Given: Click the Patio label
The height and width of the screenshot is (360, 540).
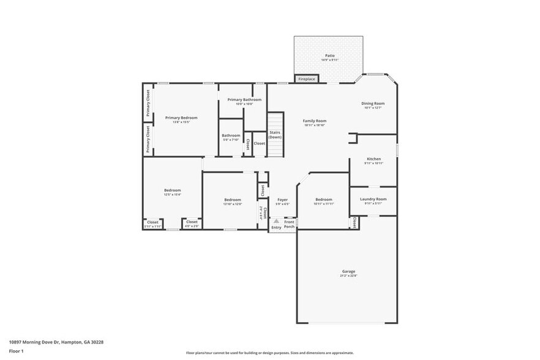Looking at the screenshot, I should click(x=330, y=56).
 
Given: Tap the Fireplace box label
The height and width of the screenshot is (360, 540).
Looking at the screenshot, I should click(x=306, y=79).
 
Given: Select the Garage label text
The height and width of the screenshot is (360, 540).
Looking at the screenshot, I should click(x=348, y=271).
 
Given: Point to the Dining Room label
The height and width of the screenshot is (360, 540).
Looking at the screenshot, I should click(x=373, y=103).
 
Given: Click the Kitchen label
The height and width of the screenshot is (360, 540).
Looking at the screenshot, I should click(x=373, y=159).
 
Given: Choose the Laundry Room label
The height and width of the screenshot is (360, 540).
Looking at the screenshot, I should click(x=373, y=199).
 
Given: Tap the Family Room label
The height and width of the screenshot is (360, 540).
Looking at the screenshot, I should click(x=315, y=121).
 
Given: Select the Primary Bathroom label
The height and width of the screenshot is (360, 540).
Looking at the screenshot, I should click(x=244, y=99).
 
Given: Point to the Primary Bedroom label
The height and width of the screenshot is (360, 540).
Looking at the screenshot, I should click(x=181, y=118).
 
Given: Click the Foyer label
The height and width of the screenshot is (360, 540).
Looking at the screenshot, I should click(x=282, y=200).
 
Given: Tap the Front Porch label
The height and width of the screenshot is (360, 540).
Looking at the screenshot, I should click(x=289, y=224).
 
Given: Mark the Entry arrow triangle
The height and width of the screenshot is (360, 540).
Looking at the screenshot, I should click(x=276, y=221).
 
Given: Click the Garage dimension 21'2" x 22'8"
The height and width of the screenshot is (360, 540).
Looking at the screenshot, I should click(x=348, y=276).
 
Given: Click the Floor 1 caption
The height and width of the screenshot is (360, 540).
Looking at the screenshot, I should click(x=16, y=351).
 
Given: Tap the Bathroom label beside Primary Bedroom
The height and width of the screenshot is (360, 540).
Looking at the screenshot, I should click(x=231, y=135).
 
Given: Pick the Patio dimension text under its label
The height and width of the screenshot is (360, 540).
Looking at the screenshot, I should click(x=330, y=60).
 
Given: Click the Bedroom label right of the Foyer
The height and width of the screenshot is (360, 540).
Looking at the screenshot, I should click(x=324, y=200).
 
